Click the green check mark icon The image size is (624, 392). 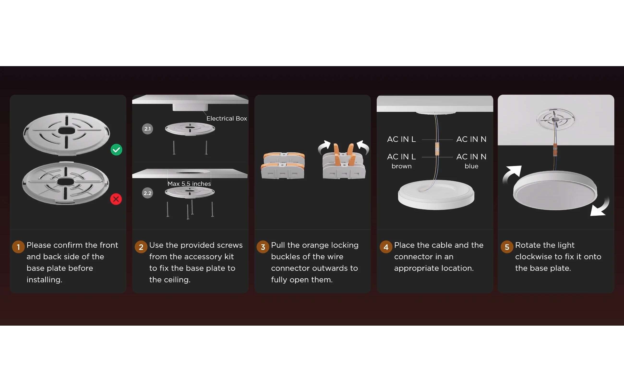coord(116,150)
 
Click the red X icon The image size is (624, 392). coord(116,199)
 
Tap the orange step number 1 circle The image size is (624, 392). coord(18,247)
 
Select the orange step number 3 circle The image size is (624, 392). coord(263,247)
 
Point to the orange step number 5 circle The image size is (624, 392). coord(507,247)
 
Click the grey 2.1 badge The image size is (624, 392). coord(147,129)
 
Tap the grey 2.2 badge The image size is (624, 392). coord(147,193)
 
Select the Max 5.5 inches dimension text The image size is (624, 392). coord(189,184)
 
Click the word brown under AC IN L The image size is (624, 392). coord(402,166)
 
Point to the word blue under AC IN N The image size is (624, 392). coord(471,166)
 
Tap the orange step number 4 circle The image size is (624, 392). coord(386,247)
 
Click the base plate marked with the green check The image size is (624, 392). coord(66,134)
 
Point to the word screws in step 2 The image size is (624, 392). coord(230,245)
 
